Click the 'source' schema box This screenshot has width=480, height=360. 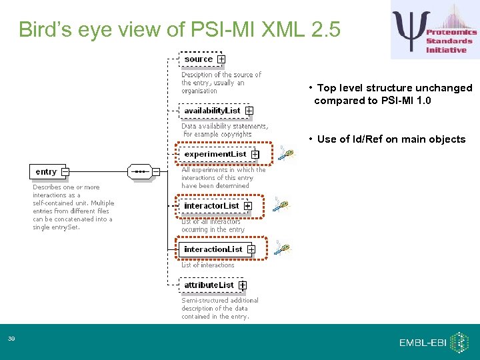[198, 59]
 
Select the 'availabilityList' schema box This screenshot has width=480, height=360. [212, 110]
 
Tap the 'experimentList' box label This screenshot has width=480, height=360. [215, 154]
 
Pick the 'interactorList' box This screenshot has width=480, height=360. [211, 206]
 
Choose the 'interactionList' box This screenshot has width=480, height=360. [213, 249]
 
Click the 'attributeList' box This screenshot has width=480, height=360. [209, 285]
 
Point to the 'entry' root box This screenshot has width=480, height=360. [46, 172]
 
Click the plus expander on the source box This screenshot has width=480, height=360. [221, 59]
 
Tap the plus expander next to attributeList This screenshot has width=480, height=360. [243, 285]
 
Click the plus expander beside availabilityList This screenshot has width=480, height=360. [249, 111]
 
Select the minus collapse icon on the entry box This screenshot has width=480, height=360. [65, 172]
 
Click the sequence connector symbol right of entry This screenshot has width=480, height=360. [140, 172]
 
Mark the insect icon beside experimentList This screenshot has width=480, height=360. [285, 154]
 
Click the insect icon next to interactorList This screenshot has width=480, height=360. [281, 205]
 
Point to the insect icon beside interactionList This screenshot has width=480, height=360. [284, 249]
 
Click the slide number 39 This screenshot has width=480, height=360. [12, 340]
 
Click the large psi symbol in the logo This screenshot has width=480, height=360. [407, 30]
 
